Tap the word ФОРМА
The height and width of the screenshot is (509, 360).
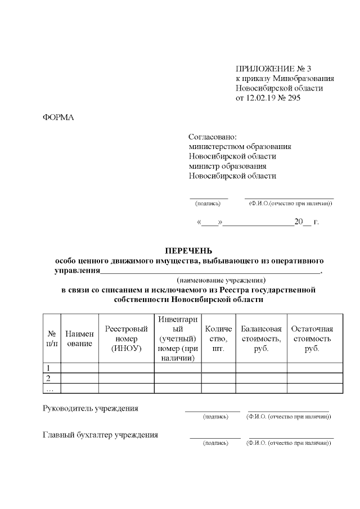pyautogui.click(x=58, y=118)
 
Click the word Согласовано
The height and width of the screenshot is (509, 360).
pyautogui.click(x=213, y=137)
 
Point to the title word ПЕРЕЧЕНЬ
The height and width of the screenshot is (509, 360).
pyautogui.click(x=188, y=250)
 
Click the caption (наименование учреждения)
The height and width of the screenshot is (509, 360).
pyautogui.click(x=220, y=280)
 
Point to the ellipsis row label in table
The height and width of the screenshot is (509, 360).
pyautogui.click(x=49, y=388)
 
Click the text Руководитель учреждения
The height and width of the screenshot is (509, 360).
pyautogui.click(x=91, y=408)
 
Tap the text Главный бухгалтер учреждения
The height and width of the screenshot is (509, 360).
pyautogui.click(x=100, y=435)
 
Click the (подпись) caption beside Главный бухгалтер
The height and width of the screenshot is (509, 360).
pyautogui.click(x=215, y=443)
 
